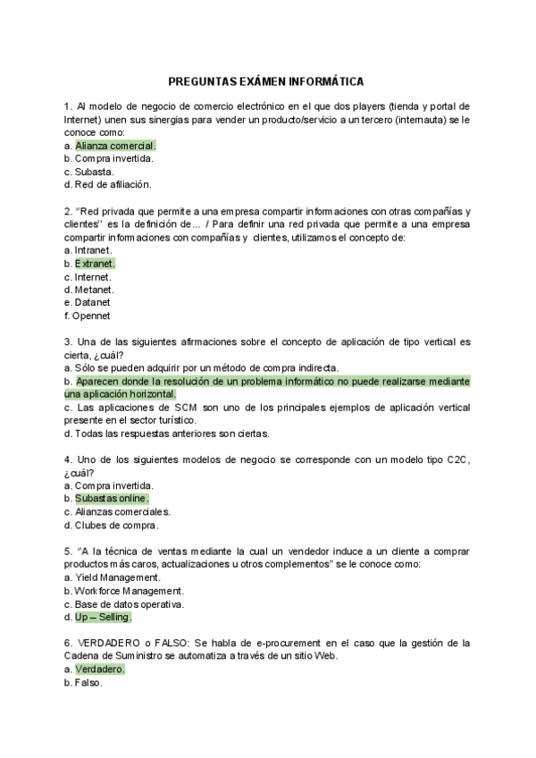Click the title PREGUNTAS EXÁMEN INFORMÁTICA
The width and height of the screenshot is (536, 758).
[267, 80]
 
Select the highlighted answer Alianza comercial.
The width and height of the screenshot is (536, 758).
[115, 145]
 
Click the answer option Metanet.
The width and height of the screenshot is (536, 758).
[95, 290]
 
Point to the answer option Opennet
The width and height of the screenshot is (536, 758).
[92, 316]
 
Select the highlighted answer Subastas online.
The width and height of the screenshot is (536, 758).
[112, 498]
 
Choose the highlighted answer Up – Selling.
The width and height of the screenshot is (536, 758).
[103, 617]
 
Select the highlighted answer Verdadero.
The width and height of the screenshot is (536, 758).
[100, 669]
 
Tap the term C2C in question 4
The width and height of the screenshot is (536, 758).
[456, 459]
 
